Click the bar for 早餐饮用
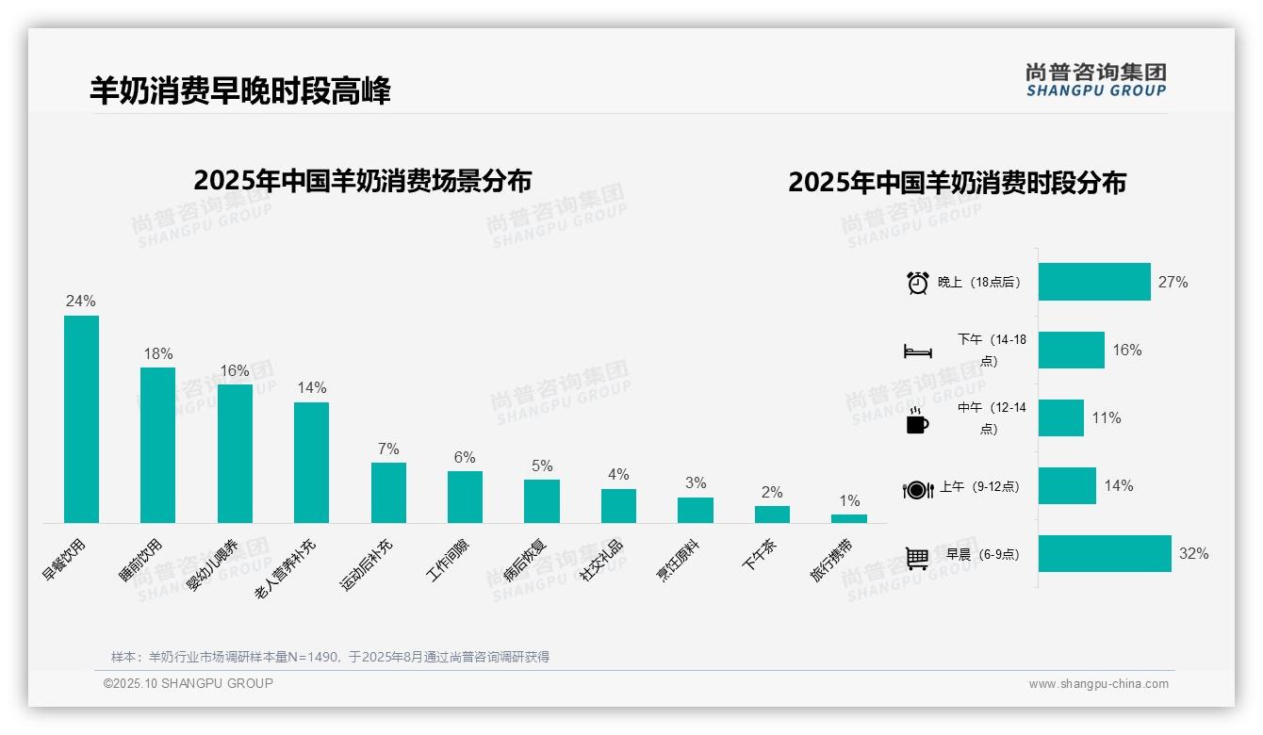click(x=81, y=419)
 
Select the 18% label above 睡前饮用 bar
click(x=157, y=354)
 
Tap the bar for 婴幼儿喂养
click(x=235, y=453)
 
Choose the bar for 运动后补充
click(x=388, y=493)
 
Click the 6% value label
click(x=465, y=458)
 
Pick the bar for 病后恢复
click(x=542, y=501)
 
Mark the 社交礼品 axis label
click(x=601, y=560)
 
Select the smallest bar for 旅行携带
click(x=849, y=518)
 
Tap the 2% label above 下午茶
click(x=772, y=493)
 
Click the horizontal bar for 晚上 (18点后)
click(x=1094, y=282)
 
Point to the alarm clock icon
click(x=917, y=283)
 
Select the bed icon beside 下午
click(x=917, y=351)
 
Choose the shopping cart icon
click(x=917, y=558)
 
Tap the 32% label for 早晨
click(x=1193, y=554)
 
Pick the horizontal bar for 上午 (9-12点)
click(x=1067, y=486)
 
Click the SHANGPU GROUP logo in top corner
click(x=1095, y=80)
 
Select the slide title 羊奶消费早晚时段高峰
click(x=239, y=90)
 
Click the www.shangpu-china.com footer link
click(x=1098, y=684)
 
